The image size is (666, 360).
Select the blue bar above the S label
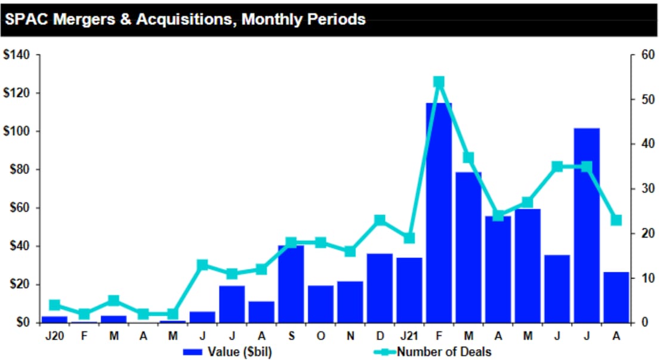click(291, 284)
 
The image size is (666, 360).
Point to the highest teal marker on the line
click(439, 82)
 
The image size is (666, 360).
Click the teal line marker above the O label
click(320, 242)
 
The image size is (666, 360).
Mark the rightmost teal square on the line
click(616, 220)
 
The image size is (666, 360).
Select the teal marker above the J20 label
click(54, 305)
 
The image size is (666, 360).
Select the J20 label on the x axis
click(54, 336)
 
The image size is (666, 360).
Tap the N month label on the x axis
click(350, 336)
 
